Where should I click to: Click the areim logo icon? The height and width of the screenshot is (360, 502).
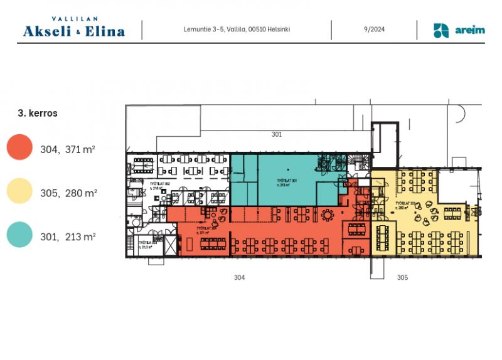point(441,30)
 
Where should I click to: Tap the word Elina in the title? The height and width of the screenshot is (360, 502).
point(105,31)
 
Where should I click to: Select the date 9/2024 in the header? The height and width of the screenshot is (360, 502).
point(374,29)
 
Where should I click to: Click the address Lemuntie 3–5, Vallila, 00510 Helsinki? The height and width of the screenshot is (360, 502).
point(237,29)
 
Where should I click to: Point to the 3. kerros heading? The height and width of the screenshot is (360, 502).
point(38,114)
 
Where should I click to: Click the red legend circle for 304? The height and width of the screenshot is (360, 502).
point(19,147)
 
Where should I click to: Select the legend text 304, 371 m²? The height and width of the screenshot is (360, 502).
point(68,149)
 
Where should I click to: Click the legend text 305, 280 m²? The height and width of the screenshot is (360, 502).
point(68,193)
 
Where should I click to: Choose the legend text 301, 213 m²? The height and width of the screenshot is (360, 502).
point(68,237)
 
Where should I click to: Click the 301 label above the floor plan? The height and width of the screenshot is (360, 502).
point(276,134)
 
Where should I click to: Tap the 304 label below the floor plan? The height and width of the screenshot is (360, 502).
point(239,277)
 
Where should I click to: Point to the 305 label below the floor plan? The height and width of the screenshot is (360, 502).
point(402,277)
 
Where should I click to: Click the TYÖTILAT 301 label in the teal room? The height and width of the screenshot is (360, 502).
point(286,183)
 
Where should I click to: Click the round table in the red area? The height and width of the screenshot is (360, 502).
point(328,214)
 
